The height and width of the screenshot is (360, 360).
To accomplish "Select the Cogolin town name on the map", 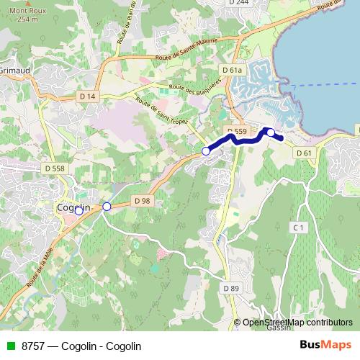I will tap(73, 207).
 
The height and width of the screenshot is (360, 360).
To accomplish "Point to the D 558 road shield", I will tap(54, 168).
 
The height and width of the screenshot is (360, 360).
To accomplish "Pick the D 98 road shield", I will tap(142, 201).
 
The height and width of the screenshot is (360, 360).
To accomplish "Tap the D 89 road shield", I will tap(230, 288).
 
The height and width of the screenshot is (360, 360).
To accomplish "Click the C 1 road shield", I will tap(299, 228).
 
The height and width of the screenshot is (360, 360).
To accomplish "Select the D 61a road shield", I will tap(232, 70).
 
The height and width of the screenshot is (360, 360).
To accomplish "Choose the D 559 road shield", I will tap(236, 131).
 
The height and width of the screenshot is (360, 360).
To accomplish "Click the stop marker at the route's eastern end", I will tap(271, 132).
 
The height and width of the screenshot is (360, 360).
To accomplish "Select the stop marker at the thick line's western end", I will tap(206, 151).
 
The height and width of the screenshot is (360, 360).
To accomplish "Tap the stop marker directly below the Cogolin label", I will tap(79, 221).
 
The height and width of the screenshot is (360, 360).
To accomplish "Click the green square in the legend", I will tap(9, 346).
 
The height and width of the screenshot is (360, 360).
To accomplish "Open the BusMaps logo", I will tap(323, 345).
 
